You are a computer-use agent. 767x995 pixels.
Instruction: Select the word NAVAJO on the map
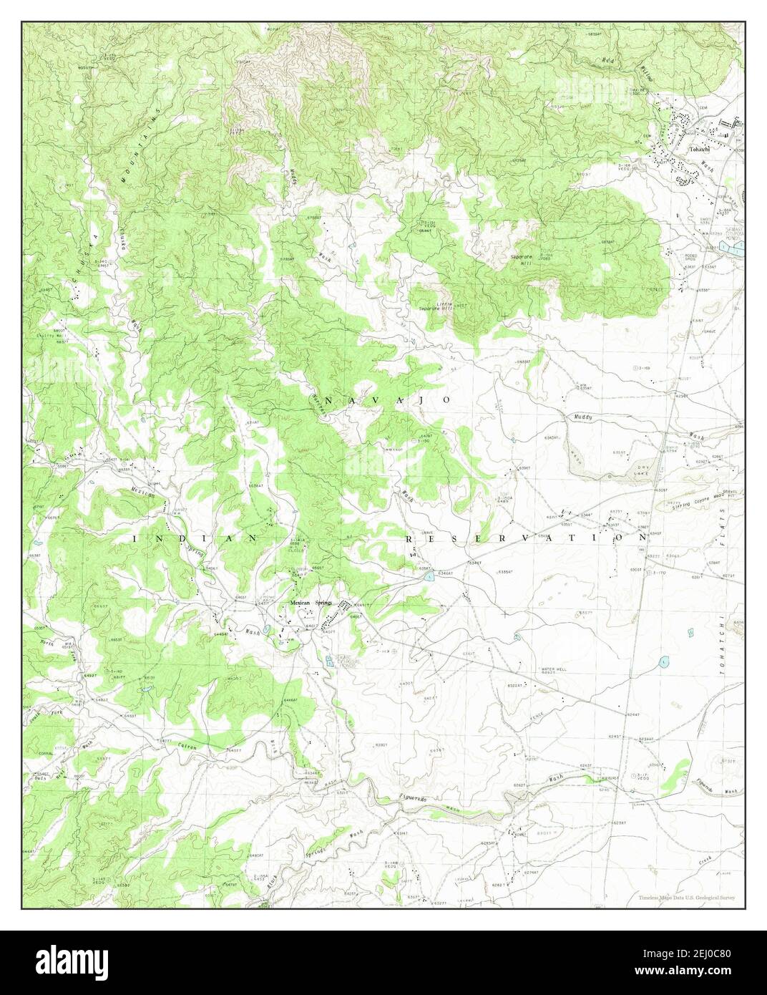[x=389, y=399]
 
